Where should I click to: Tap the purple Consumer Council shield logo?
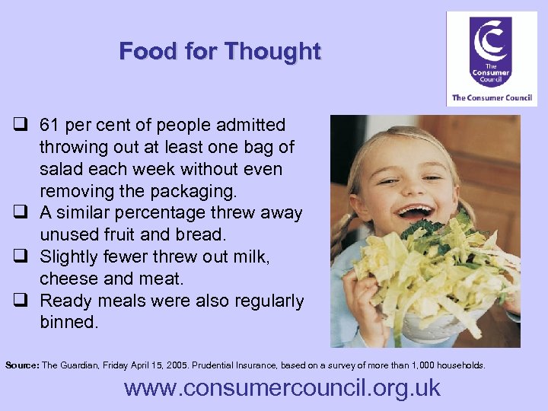click(x=490, y=53)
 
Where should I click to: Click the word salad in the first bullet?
click(x=62, y=169)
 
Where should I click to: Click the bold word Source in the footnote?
click(x=22, y=365)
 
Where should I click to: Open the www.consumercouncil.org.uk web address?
click(x=282, y=388)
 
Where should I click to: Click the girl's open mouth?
click(x=414, y=211)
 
